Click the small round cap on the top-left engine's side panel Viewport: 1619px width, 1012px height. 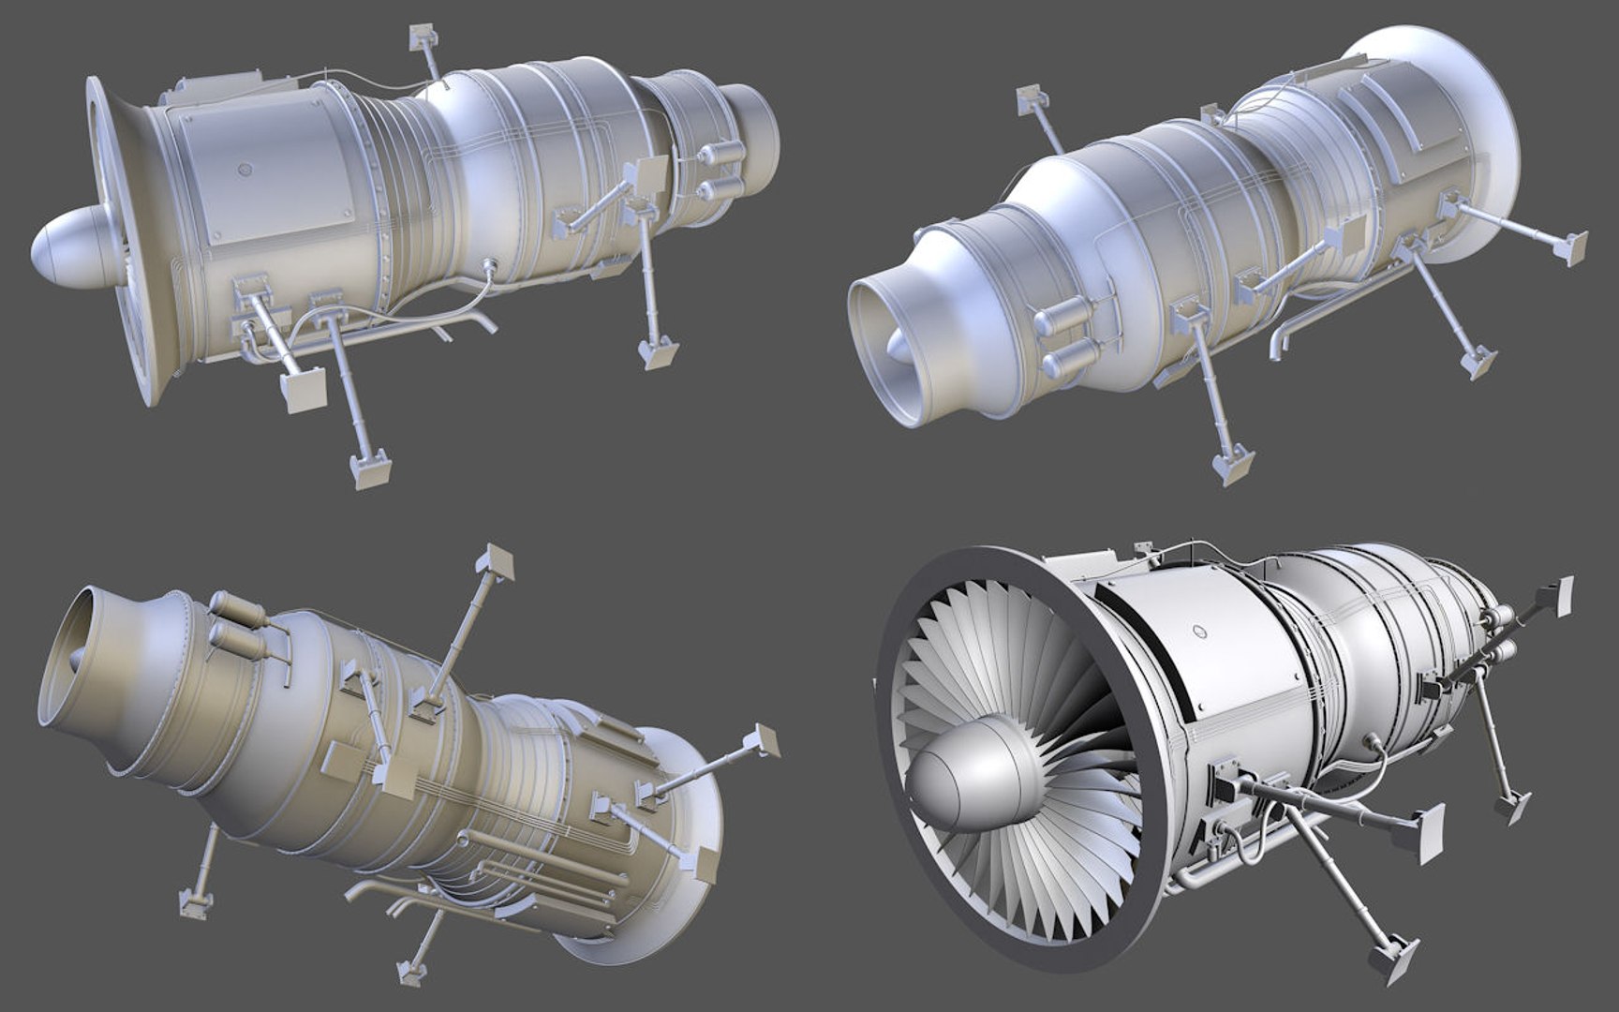pyautogui.click(x=245, y=171)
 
